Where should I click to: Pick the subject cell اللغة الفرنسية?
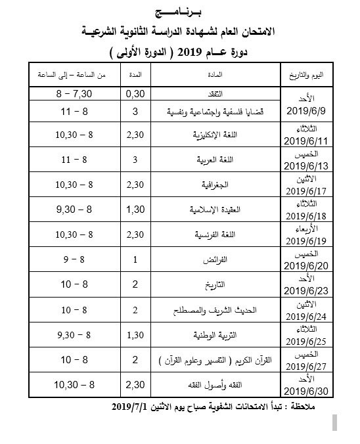coord(214,234)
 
